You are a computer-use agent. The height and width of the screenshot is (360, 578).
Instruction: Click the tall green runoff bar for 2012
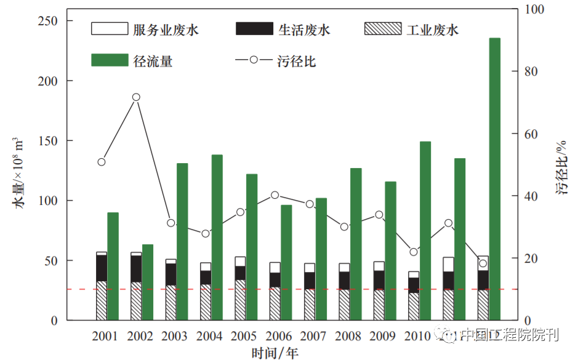click(494, 178)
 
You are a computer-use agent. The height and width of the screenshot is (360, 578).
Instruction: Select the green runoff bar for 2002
click(147, 282)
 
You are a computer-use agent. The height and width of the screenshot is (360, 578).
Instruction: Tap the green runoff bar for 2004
click(217, 237)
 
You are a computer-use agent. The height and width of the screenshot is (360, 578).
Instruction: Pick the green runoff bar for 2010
click(425, 231)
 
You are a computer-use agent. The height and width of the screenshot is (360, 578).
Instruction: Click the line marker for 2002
click(136, 97)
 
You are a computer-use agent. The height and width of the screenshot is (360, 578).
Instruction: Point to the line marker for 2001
click(102, 162)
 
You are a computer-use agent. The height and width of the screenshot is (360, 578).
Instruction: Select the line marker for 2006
click(275, 195)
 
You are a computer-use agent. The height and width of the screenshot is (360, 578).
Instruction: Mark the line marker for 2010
click(414, 252)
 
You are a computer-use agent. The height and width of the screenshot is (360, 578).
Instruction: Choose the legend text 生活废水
click(304, 30)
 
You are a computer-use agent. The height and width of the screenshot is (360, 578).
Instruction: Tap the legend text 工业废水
click(433, 30)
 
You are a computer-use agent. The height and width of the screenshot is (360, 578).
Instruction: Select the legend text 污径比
click(301, 61)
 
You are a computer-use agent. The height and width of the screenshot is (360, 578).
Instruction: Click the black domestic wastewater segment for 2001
click(102, 268)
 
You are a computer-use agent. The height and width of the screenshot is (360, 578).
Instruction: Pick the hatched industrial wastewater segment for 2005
click(240, 300)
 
